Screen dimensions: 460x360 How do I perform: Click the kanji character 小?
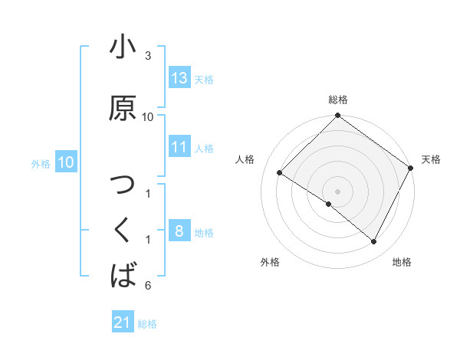pyautogui.click(x=123, y=47)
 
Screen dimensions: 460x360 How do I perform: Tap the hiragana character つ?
pyautogui.click(x=123, y=186)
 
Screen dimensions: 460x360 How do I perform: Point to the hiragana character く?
pyautogui.click(x=123, y=230)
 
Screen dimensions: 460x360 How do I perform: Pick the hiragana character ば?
pyautogui.click(x=123, y=274)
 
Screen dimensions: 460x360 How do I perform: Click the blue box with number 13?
pyautogui.click(x=179, y=78)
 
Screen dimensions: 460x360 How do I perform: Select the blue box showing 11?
pyautogui.click(x=179, y=148)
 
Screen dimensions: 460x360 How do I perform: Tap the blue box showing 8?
pyautogui.click(x=179, y=231)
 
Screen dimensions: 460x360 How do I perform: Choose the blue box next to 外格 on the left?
pyautogui.click(x=66, y=162)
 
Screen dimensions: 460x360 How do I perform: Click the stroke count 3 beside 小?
pyautogui.click(x=148, y=56)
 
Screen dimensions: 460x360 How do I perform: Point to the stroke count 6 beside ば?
pyautogui.click(x=148, y=286)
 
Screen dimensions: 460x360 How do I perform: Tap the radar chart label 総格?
pyautogui.click(x=338, y=100)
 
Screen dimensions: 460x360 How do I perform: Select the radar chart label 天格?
pyautogui.click(x=431, y=159)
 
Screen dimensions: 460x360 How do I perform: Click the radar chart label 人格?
pyautogui.click(x=245, y=159)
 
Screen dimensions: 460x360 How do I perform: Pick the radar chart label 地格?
pyautogui.click(x=402, y=262)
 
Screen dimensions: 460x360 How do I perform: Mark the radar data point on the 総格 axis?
pyautogui.click(x=338, y=116)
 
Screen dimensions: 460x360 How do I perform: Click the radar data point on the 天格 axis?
pyautogui.click(x=411, y=168)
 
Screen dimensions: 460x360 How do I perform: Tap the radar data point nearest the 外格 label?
pyautogui.click(x=329, y=205)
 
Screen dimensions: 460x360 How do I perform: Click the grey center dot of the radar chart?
pyautogui.click(x=338, y=191)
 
